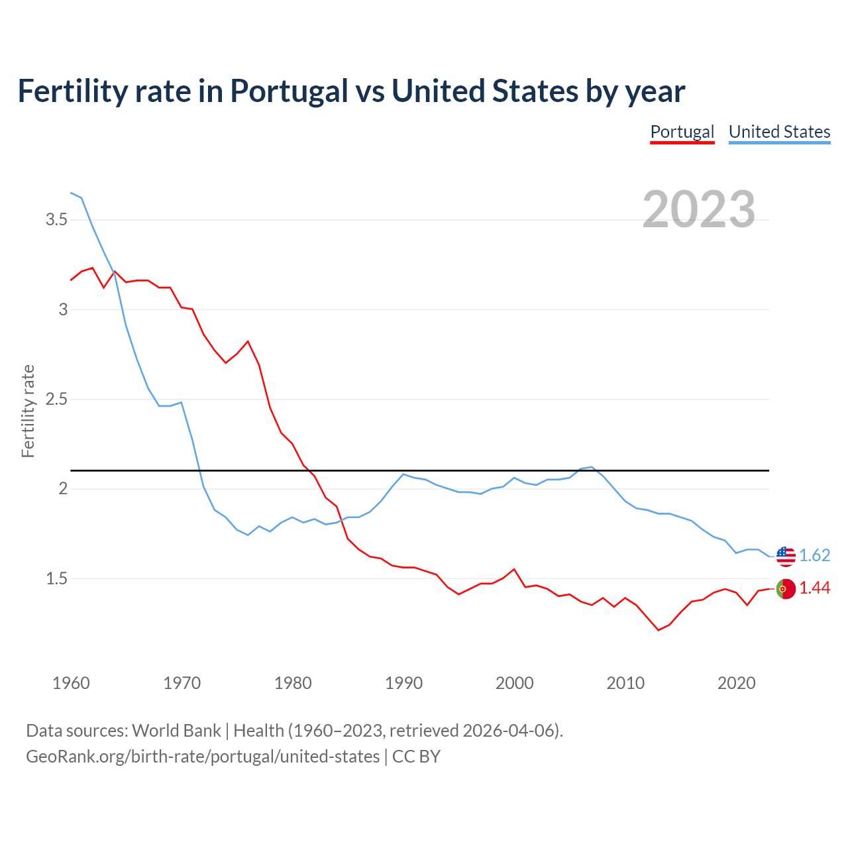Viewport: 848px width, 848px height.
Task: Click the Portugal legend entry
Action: click(682, 132)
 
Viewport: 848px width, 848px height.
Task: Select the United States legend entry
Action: click(779, 132)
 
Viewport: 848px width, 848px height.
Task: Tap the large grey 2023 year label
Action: click(699, 209)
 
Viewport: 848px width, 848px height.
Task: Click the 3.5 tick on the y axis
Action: click(56, 219)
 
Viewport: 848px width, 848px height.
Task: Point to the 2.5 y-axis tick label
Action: click(56, 399)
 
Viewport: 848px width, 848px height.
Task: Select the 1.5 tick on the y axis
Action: click(56, 578)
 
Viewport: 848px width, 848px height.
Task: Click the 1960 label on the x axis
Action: click(71, 683)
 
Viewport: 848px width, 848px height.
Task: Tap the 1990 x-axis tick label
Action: click(403, 683)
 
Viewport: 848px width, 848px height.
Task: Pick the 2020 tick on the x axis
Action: click(736, 683)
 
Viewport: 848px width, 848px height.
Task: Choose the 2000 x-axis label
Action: click(514, 683)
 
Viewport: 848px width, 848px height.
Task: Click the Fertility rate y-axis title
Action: click(28, 411)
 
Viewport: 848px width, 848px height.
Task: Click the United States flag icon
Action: click(786, 556)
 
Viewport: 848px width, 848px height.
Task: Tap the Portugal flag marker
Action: click(786, 588)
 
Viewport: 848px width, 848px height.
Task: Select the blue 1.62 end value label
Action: click(814, 555)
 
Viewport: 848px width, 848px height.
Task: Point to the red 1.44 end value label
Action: click(814, 588)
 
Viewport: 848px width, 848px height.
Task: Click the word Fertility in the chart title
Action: click(71, 91)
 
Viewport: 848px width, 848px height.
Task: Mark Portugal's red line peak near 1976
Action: click(248, 341)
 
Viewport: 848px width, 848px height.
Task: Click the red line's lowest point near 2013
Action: click(659, 630)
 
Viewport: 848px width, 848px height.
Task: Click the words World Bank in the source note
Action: click(176, 730)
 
